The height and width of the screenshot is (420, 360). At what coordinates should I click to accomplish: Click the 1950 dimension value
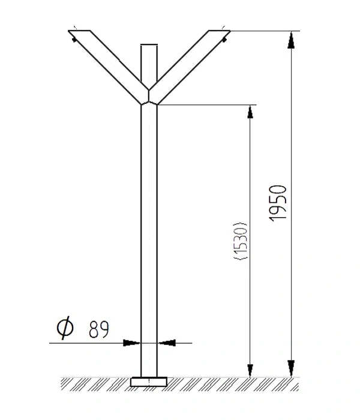[278, 203]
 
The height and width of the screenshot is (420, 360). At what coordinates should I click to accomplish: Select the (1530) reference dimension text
[241, 241]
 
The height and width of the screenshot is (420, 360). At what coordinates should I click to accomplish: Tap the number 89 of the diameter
[99, 329]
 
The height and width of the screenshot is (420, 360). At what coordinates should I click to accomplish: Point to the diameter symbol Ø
[65, 328]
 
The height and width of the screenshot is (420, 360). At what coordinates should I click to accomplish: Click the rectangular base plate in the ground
[149, 382]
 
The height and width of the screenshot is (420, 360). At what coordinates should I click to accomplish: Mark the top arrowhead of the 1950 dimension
[291, 40]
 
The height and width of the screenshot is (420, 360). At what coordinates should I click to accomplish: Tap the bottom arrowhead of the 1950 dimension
[291, 368]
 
